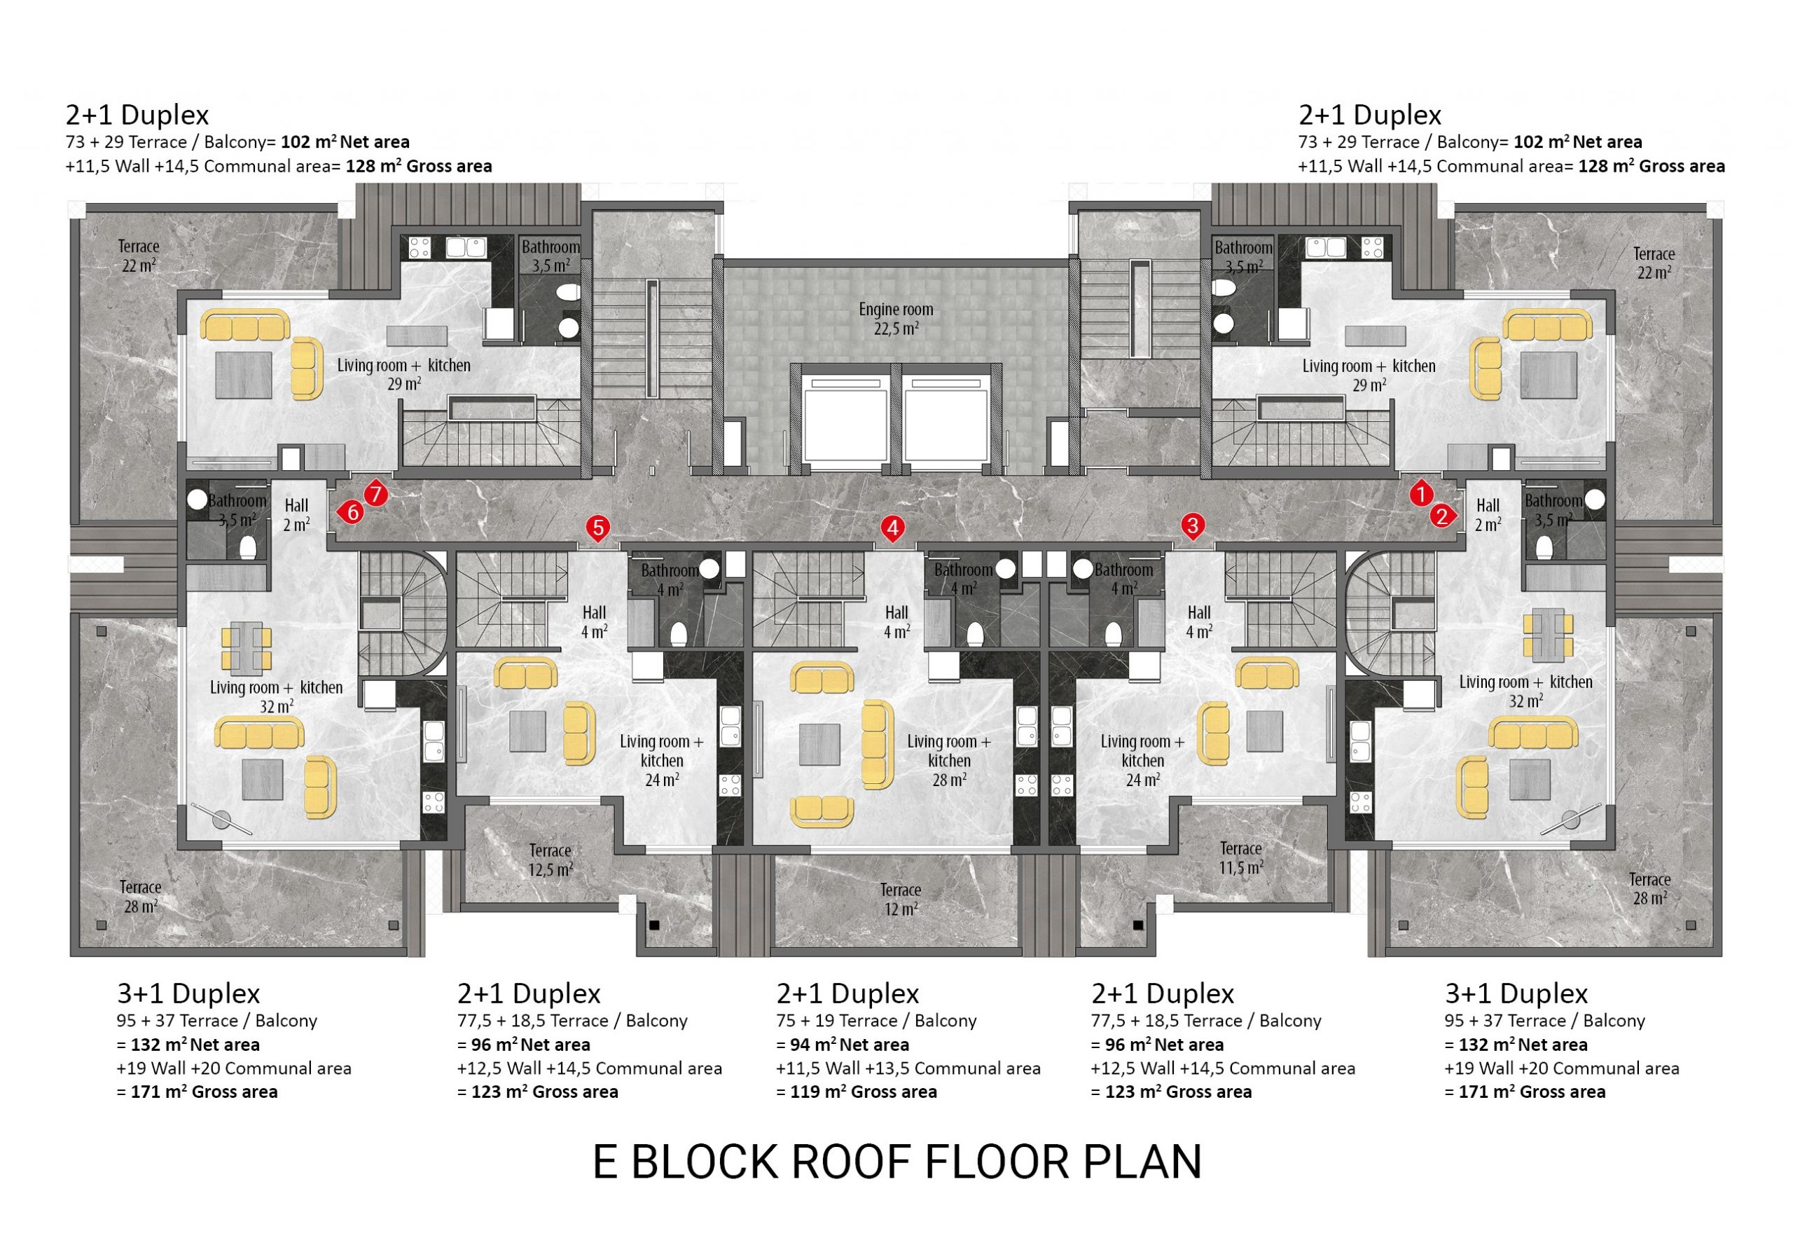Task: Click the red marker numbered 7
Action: pyautogui.click(x=375, y=494)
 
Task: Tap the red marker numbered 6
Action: pyautogui.click(x=352, y=512)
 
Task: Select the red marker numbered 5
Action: pyautogui.click(x=597, y=528)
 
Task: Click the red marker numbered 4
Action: pyautogui.click(x=892, y=528)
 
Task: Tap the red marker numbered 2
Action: pyautogui.click(x=1443, y=516)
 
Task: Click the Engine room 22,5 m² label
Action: pyautogui.click(x=896, y=319)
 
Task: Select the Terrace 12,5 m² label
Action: pyautogui.click(x=551, y=859)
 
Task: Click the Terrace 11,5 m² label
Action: pyautogui.click(x=1241, y=858)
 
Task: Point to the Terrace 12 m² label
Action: pyautogui.click(x=901, y=899)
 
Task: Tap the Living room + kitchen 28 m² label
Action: pyautogui.click(x=949, y=760)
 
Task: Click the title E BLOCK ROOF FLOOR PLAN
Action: pyautogui.click(x=896, y=1162)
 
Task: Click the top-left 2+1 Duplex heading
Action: pyautogui.click(x=137, y=115)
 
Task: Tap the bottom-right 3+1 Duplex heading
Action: pyautogui.click(x=1516, y=993)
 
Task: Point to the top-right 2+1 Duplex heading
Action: pyautogui.click(x=1370, y=115)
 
